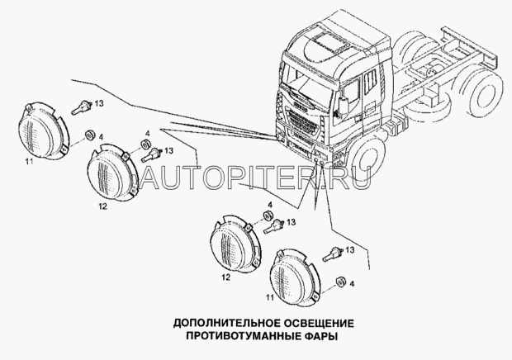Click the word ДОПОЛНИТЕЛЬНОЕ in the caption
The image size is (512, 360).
(227, 323)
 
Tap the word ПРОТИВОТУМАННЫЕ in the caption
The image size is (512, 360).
(242, 335)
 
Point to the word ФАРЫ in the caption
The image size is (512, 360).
(320, 335)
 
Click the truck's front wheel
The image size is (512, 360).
(366, 160)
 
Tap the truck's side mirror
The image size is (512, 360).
(344, 105)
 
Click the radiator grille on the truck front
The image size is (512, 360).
(302, 120)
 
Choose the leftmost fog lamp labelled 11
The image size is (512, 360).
(44, 130)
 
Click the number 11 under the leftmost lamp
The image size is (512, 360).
(29, 161)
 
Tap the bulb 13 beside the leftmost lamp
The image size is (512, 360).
(82, 107)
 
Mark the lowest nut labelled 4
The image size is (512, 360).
(341, 282)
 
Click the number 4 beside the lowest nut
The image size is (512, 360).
(352, 284)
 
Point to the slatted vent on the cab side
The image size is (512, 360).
(370, 83)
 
